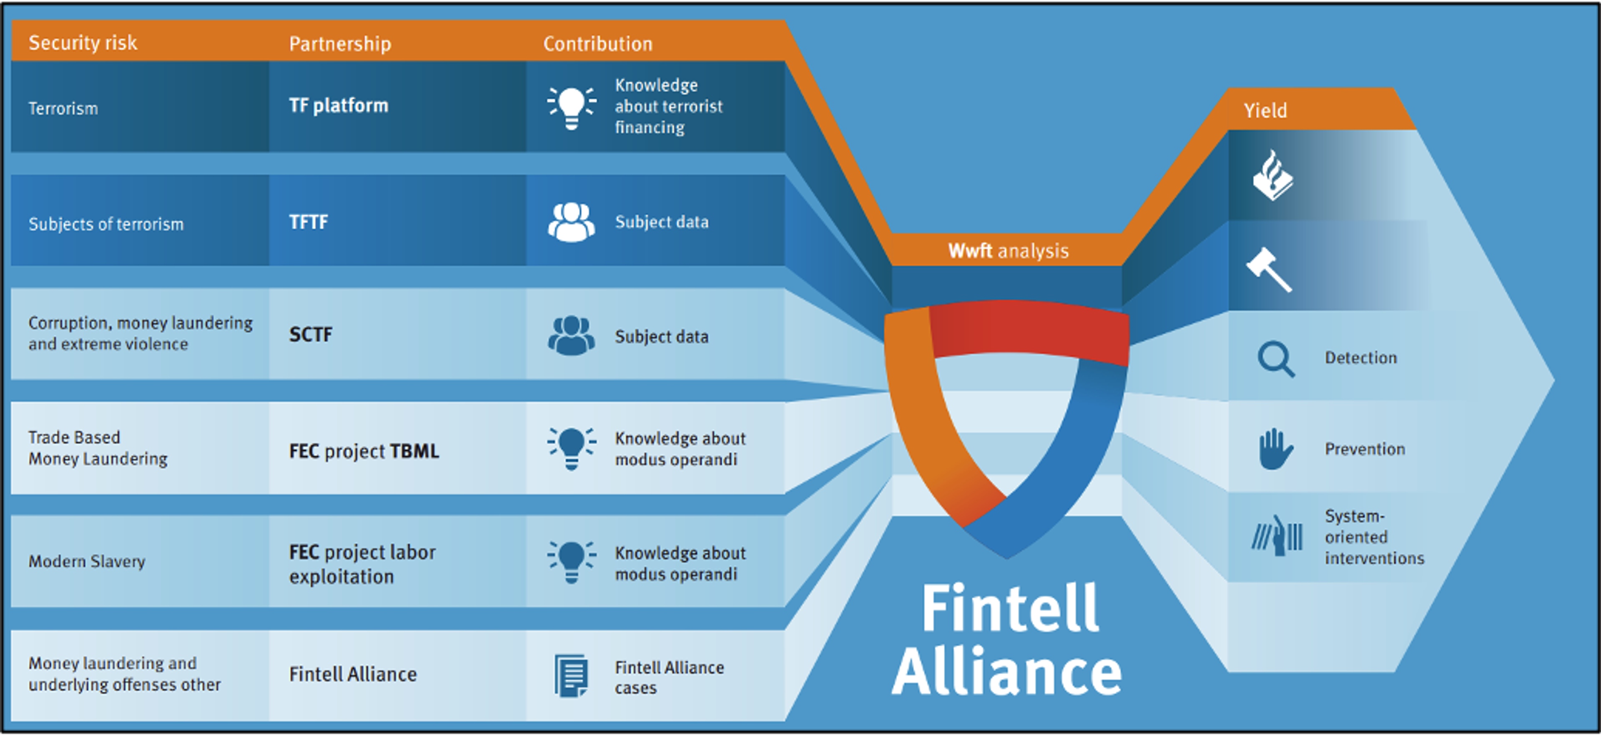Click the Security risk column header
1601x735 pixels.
(x=83, y=43)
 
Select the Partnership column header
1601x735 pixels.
(x=340, y=43)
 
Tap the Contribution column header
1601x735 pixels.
(x=598, y=43)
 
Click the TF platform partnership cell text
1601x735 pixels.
(x=339, y=105)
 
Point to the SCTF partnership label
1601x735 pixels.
(x=311, y=335)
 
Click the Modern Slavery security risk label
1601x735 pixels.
(x=87, y=561)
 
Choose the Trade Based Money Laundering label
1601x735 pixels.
(x=98, y=448)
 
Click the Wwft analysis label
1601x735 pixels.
(x=1008, y=250)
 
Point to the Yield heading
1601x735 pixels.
(x=1265, y=110)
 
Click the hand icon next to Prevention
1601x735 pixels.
(x=1275, y=449)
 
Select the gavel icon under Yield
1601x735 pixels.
(x=1270, y=269)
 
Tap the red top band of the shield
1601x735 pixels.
(x=1029, y=329)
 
